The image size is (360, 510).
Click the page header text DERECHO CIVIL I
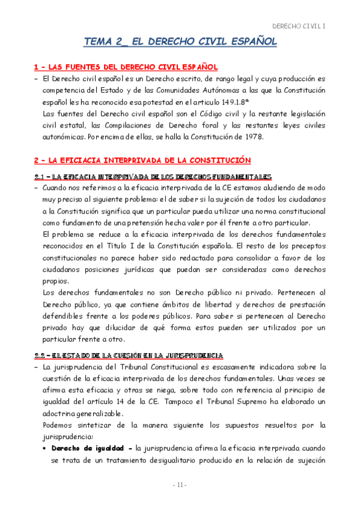click(x=299, y=26)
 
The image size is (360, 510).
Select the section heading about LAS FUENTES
click(x=124, y=66)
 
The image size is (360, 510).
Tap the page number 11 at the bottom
click(x=180, y=485)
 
